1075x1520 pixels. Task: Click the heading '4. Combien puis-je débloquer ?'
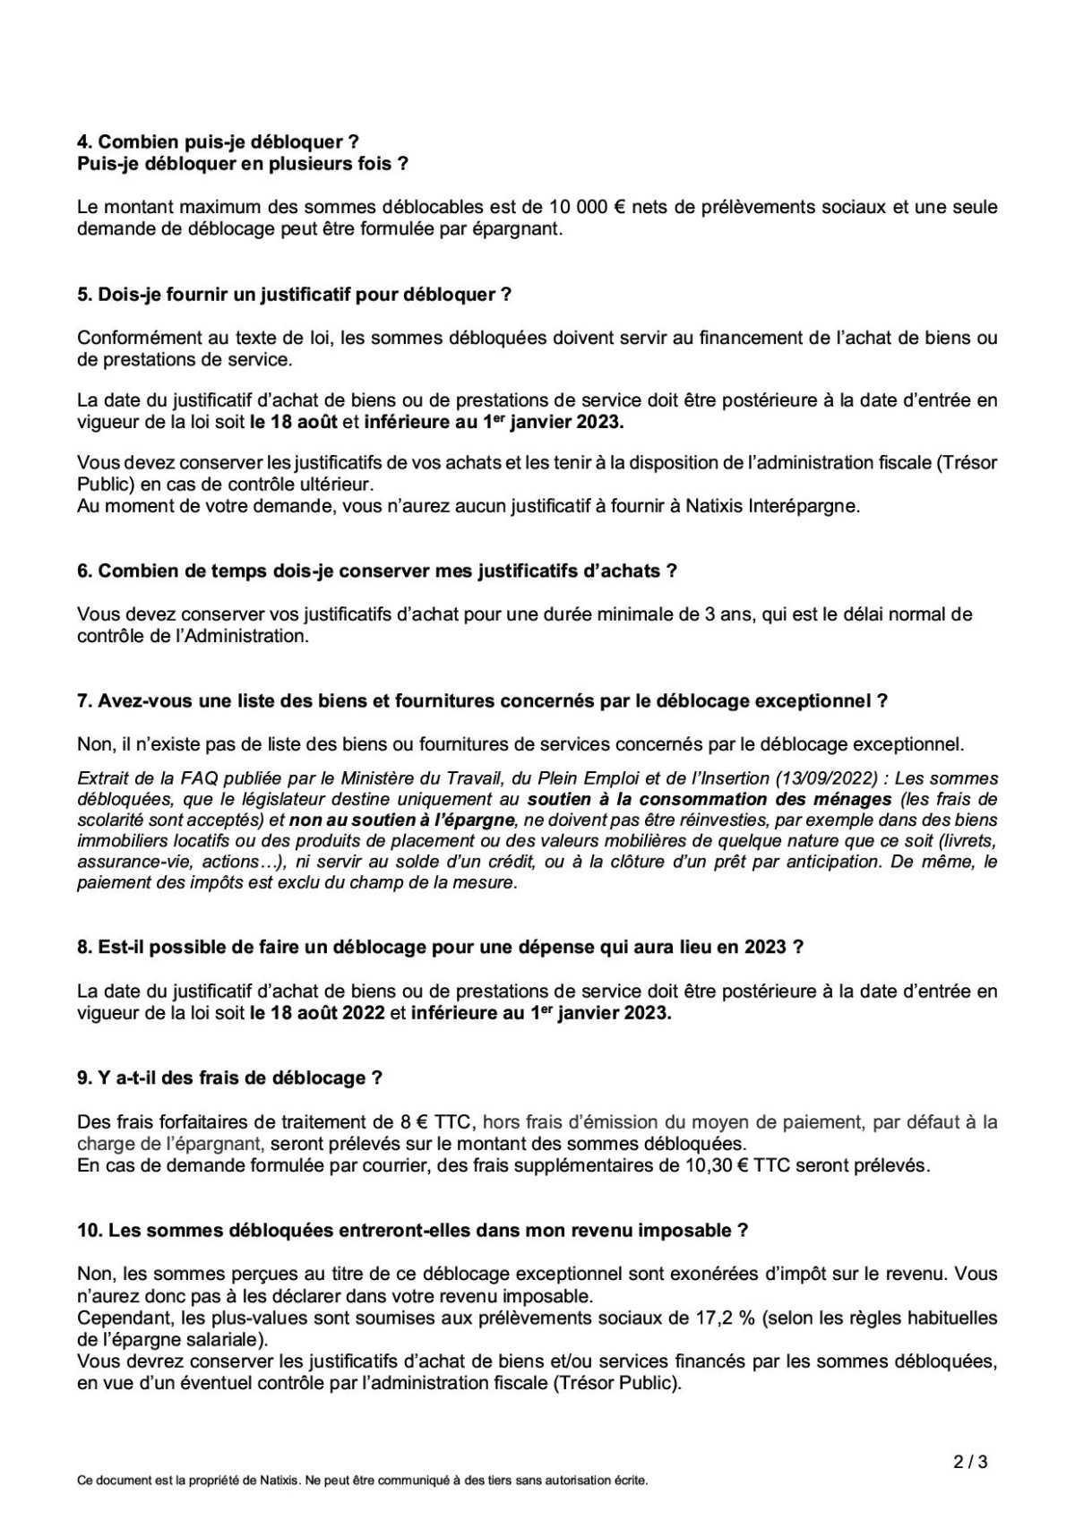(219, 142)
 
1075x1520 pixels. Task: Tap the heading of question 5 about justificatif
(294, 295)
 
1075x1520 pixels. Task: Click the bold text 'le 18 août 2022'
(318, 1013)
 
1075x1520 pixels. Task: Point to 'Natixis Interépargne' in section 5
(771, 505)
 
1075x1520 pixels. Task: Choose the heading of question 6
(376, 571)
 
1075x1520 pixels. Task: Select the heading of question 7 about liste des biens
(482, 701)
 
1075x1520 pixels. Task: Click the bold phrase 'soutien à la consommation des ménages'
(709, 799)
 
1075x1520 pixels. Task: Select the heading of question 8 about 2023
(440, 947)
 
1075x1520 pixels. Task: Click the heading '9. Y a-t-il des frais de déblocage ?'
(230, 1078)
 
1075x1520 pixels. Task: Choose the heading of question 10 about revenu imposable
(412, 1231)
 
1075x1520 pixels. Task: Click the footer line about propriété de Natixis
(362, 1481)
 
